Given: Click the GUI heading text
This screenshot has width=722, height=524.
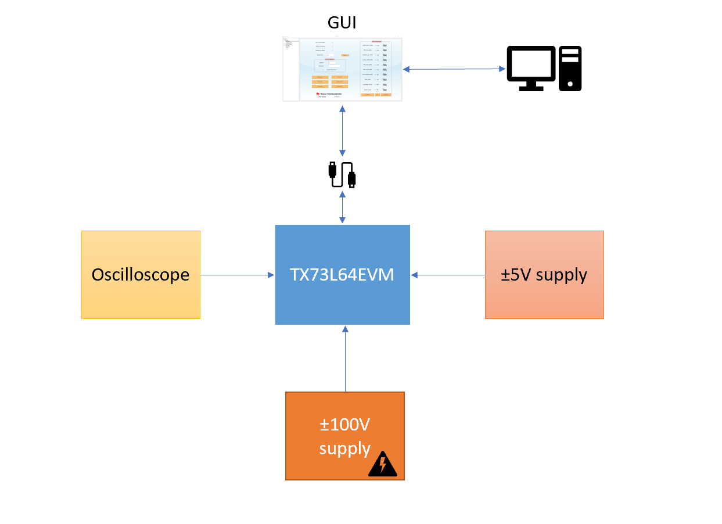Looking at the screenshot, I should pos(342,23).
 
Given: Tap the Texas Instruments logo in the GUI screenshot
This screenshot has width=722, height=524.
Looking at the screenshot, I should pos(328,93).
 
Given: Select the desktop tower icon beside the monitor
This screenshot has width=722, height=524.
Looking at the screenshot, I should pos(570,69).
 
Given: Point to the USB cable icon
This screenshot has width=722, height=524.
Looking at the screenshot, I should pos(342,174).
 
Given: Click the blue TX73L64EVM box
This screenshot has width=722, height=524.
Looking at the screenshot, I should pos(342,274).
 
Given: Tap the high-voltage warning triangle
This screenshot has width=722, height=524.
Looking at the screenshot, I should pos(383,465).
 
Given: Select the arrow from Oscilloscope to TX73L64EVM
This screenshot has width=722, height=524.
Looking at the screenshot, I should pos(237,275).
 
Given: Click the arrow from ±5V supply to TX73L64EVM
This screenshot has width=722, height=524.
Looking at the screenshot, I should pos(447,275).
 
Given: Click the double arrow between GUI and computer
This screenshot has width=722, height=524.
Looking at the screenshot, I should pos(454,69).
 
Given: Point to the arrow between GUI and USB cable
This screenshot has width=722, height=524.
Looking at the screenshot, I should pos(342,132).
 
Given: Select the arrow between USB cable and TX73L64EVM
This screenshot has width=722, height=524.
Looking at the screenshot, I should pos(342,208).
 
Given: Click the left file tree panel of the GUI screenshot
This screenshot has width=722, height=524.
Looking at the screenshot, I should pos(290,70).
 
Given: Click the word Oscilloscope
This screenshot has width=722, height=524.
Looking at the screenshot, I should pos(141,275).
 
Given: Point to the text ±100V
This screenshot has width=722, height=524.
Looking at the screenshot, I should pos(344,425).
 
